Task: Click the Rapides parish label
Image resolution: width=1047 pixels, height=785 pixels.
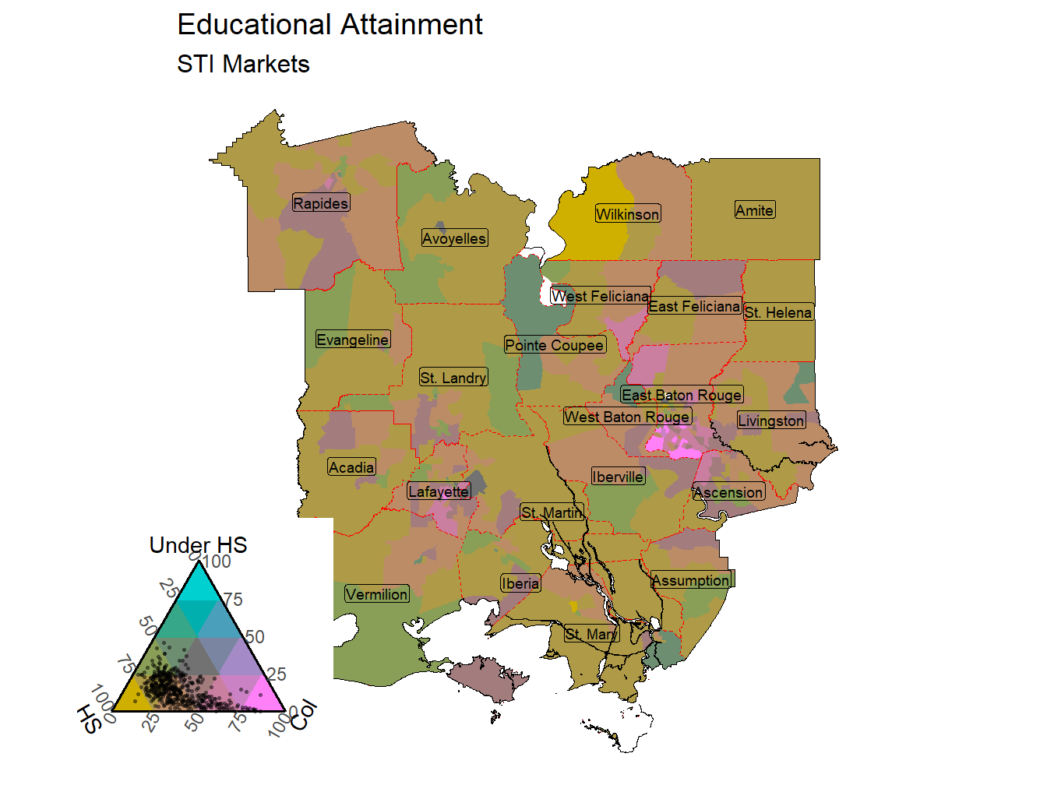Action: tap(320, 203)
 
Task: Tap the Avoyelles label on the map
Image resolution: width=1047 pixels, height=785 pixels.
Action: tap(454, 238)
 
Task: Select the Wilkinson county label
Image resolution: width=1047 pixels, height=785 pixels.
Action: tap(627, 214)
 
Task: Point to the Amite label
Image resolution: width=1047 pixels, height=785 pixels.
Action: tap(754, 210)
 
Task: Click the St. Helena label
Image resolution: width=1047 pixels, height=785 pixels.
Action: tap(778, 312)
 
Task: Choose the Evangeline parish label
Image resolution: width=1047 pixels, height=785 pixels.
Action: tap(352, 340)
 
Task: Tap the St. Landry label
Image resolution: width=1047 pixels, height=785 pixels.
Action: tap(453, 378)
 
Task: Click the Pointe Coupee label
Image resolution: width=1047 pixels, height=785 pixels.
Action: tap(555, 345)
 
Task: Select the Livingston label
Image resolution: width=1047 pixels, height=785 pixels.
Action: tap(771, 421)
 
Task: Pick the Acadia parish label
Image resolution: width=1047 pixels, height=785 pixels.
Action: tap(351, 467)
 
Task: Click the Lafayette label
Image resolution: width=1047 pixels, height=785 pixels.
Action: tap(439, 491)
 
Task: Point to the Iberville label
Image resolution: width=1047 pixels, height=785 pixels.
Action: tap(618, 477)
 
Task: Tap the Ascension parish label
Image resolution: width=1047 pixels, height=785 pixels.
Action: tap(728, 492)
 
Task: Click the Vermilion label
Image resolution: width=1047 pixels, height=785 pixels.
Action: tap(377, 594)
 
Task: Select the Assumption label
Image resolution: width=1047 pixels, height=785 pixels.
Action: tap(692, 580)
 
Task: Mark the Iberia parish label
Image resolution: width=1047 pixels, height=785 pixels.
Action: tap(520, 583)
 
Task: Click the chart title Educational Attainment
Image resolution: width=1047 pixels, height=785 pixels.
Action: tap(330, 25)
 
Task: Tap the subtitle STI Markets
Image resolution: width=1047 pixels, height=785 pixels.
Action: tap(243, 64)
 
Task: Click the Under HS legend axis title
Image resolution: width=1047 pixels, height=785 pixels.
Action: tap(198, 545)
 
